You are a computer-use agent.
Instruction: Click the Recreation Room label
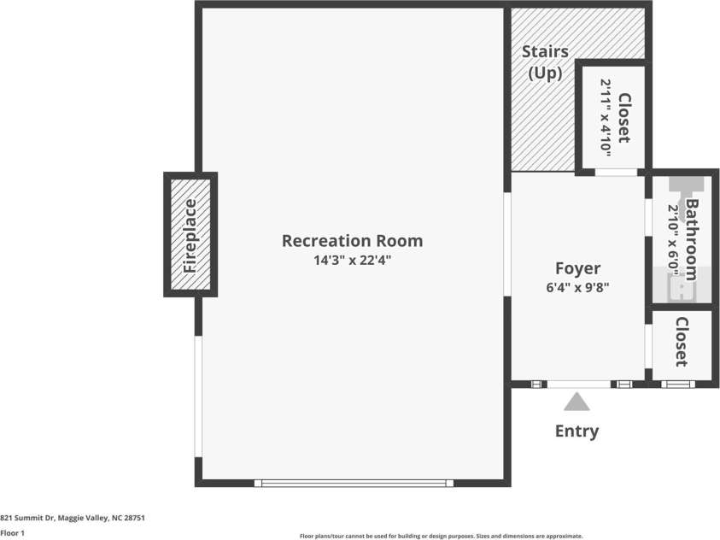352,241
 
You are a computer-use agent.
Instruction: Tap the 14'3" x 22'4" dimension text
352,261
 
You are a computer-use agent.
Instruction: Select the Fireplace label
190,236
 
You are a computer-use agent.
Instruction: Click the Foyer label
577,268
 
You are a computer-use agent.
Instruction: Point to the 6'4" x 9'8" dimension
577,287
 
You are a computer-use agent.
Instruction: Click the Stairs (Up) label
545,62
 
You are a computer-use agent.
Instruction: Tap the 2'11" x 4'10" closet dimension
606,118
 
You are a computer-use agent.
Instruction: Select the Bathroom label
692,239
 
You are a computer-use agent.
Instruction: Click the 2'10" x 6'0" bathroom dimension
673,240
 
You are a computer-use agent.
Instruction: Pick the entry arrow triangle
577,402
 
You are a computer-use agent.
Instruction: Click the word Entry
577,431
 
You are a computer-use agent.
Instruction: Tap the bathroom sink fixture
681,288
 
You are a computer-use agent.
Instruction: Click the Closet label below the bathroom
682,342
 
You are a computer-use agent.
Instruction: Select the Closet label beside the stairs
624,118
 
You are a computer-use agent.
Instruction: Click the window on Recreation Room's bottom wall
354,483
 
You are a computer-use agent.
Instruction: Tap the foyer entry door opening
579,384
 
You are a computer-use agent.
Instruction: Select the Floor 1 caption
12,533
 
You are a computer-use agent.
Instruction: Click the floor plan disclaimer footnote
442,536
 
